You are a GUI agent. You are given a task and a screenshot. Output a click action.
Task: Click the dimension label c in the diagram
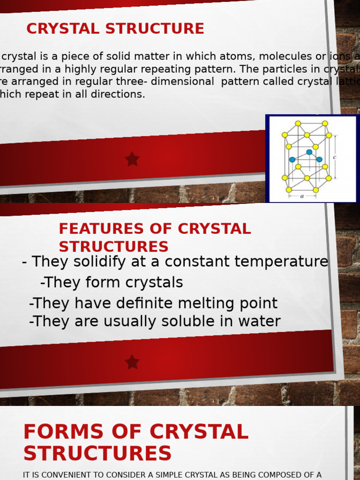click(334, 157)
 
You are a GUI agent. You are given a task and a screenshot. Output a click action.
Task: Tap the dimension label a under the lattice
click(302, 197)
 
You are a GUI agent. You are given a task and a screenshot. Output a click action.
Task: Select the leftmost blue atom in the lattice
click(292, 159)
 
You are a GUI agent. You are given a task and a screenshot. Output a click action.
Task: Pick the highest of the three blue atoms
click(309, 152)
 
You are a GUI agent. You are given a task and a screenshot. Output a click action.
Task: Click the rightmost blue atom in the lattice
click(319, 159)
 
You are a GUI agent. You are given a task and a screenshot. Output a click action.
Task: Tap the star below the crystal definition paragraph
click(132, 159)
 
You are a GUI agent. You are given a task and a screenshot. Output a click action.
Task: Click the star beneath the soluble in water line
click(132, 362)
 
